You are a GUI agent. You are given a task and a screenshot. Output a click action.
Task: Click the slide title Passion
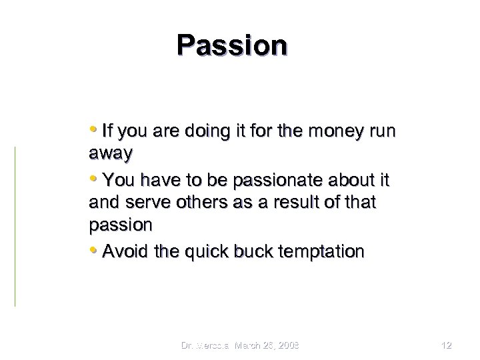(x=232, y=45)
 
